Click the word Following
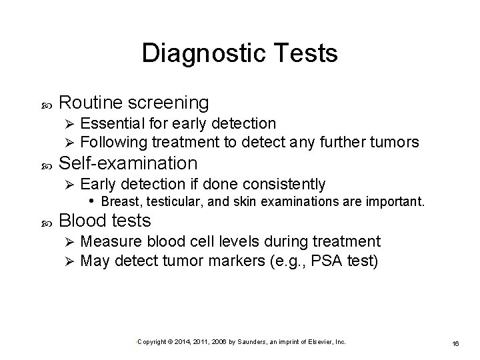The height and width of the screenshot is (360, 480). [x=113, y=141]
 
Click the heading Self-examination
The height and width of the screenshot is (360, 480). [x=129, y=163]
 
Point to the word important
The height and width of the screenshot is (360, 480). [x=392, y=201]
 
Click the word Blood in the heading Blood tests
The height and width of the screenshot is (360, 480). [x=82, y=220]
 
